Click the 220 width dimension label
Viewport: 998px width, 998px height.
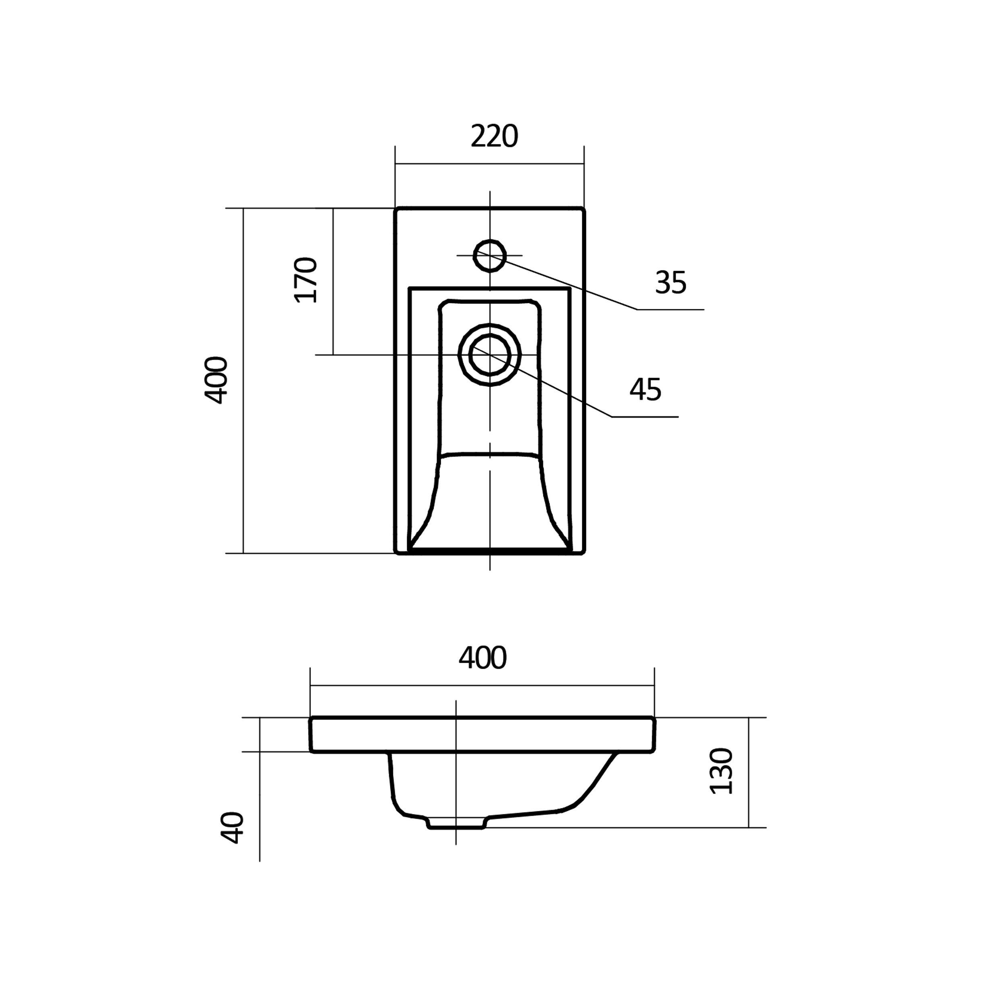pos(494,136)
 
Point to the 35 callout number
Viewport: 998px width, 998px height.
pos(670,282)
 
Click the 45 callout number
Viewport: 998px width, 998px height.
pos(645,390)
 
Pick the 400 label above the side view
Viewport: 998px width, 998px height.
pos(483,658)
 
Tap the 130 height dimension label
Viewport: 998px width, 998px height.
pos(721,771)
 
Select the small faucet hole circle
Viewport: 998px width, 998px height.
pos(490,255)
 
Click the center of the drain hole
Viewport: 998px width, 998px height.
pos(490,355)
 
